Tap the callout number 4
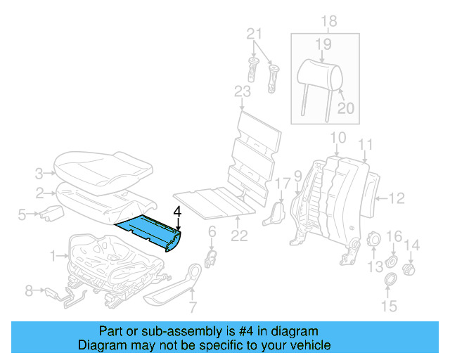point(178,211)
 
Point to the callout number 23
point(242,91)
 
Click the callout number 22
point(240,236)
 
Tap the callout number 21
point(254,34)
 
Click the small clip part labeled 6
point(210,257)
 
